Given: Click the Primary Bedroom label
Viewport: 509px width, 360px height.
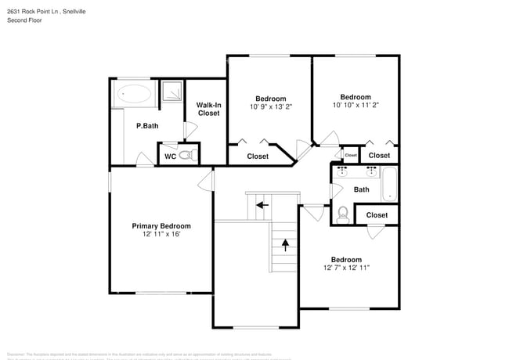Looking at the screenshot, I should [x=161, y=225].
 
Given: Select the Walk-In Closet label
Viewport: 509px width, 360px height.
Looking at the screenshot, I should [x=208, y=109].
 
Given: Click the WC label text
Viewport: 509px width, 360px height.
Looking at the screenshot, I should [x=169, y=157].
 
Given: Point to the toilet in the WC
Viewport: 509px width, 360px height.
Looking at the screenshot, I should [x=185, y=156].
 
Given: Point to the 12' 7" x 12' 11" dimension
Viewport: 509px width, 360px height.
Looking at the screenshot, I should [x=345, y=268].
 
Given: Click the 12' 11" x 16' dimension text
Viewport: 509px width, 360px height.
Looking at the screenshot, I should [x=161, y=234].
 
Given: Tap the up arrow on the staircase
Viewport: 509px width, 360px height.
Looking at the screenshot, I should [x=285, y=243].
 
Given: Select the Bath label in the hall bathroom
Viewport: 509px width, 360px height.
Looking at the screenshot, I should [x=361, y=189].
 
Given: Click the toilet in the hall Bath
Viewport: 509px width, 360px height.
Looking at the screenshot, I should [x=342, y=212].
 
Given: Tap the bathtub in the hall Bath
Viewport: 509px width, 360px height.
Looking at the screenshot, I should [x=389, y=185].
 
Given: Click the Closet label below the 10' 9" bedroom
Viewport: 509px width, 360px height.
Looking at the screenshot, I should [x=258, y=157].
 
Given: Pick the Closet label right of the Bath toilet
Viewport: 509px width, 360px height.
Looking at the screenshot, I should [x=377, y=214].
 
